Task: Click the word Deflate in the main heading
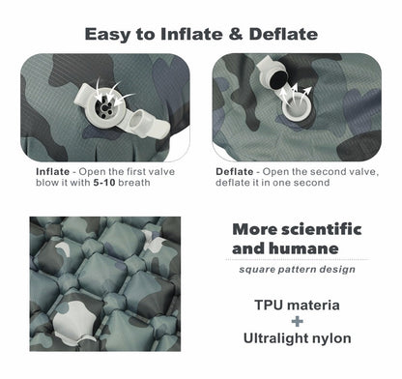tap(281, 34)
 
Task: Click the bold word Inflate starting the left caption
tap(52, 172)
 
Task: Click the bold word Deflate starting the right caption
tap(235, 172)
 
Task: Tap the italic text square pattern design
tap(297, 269)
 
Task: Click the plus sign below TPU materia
tap(297, 322)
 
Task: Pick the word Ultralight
tap(278, 338)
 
